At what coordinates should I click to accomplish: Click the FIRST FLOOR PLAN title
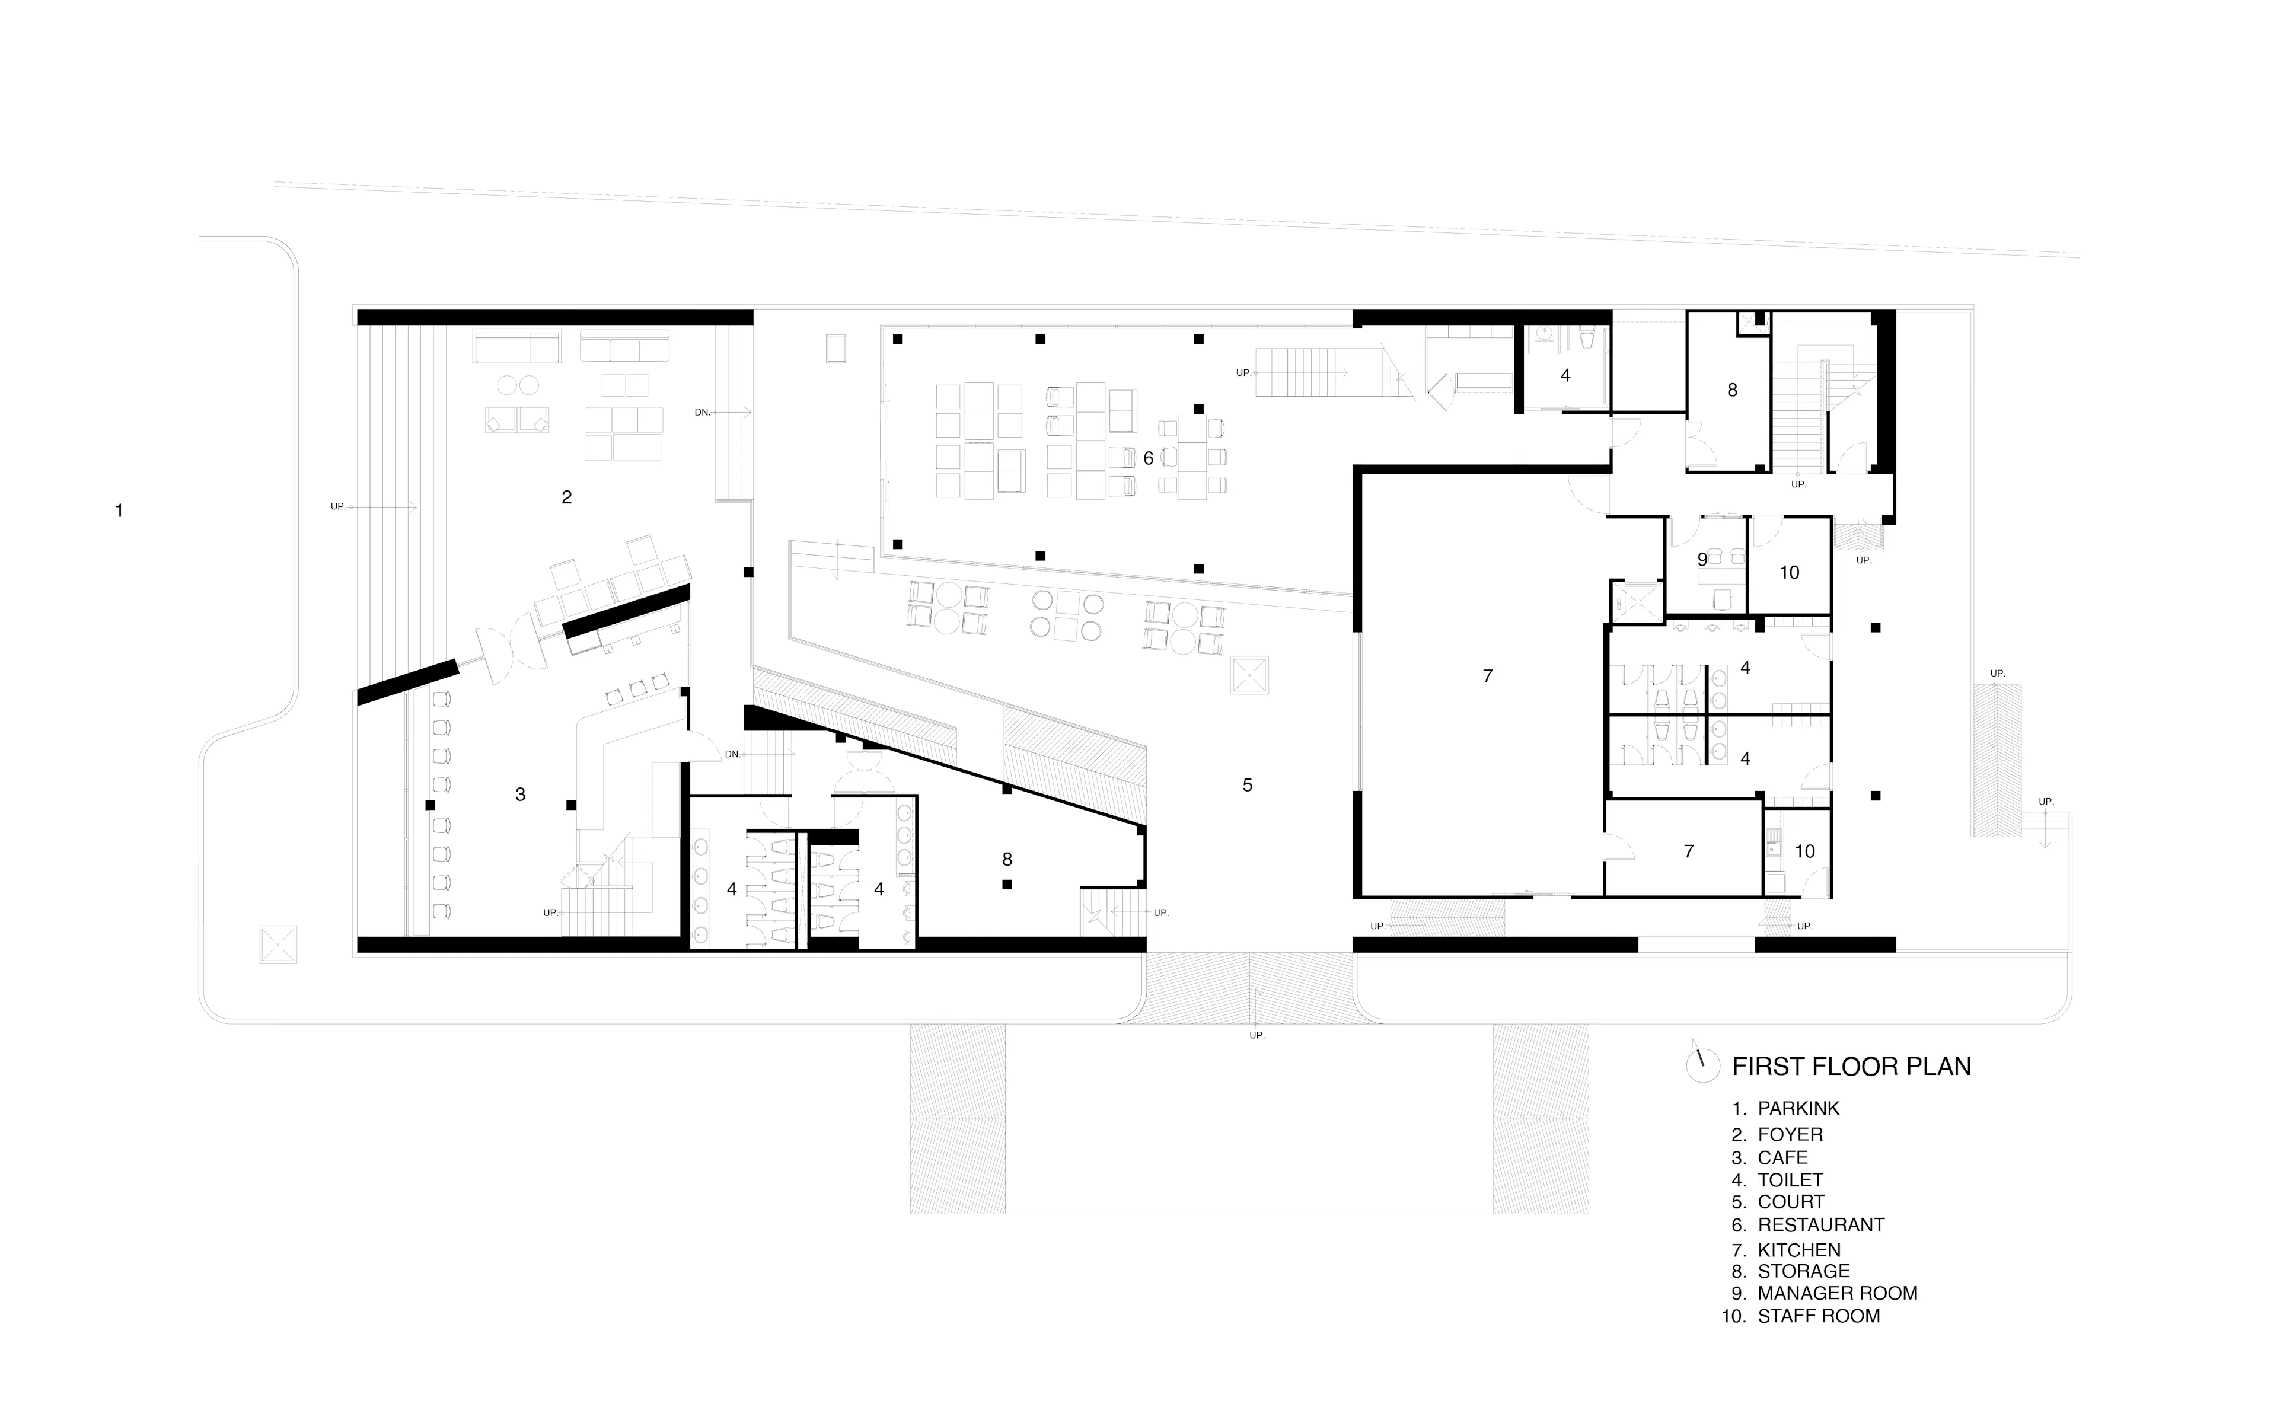click(1851, 1066)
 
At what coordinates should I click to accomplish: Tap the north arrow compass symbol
click(1702, 1064)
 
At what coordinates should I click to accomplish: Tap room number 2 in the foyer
click(566, 497)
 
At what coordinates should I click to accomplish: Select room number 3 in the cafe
click(520, 795)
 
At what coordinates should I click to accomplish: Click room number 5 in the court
click(1248, 785)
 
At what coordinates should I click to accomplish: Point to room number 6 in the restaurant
click(1148, 458)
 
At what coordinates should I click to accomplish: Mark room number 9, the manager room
click(1702, 560)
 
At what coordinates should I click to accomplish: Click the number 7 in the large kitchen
click(1488, 676)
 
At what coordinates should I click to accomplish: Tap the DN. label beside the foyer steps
click(703, 412)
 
